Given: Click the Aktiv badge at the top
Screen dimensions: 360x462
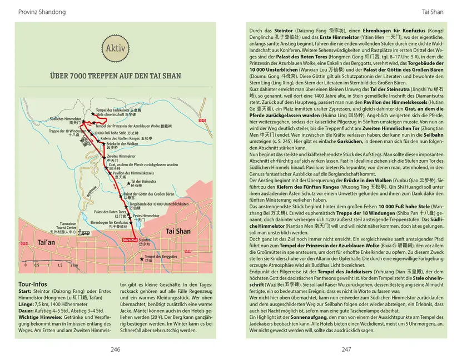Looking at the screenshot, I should (115, 48).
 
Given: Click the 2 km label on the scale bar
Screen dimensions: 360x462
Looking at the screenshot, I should (74, 266).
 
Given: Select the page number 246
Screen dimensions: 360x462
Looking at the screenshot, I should (115, 349).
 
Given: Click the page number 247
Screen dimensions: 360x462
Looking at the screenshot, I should (346, 349).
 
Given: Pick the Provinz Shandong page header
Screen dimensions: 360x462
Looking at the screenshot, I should (42, 12).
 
